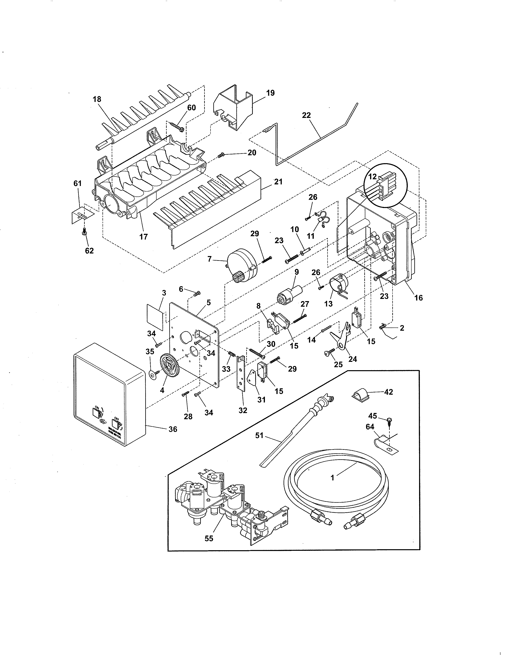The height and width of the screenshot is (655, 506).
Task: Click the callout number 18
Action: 97,99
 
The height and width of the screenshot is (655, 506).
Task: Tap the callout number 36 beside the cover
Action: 173,429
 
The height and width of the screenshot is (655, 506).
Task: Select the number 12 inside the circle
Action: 372,177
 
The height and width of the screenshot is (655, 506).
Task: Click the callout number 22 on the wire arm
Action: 306,115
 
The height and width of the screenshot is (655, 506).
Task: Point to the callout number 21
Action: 278,182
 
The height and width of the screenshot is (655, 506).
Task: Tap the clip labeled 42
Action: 360,394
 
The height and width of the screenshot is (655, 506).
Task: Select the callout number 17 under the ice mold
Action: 144,237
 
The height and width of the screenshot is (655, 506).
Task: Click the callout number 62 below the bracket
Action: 89,251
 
